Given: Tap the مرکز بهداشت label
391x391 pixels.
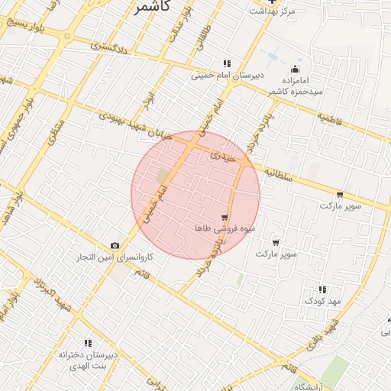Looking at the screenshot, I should point(276,11).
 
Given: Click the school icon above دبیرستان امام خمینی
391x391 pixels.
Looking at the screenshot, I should point(227,63).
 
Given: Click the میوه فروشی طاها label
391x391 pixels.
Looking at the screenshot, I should point(225,228).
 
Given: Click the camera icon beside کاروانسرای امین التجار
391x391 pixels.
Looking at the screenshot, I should point(115,245).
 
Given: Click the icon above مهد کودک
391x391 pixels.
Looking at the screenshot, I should point(322,289).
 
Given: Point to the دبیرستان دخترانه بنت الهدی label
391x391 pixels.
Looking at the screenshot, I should point(89,360).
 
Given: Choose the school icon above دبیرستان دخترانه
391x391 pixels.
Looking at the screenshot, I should point(88,343).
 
